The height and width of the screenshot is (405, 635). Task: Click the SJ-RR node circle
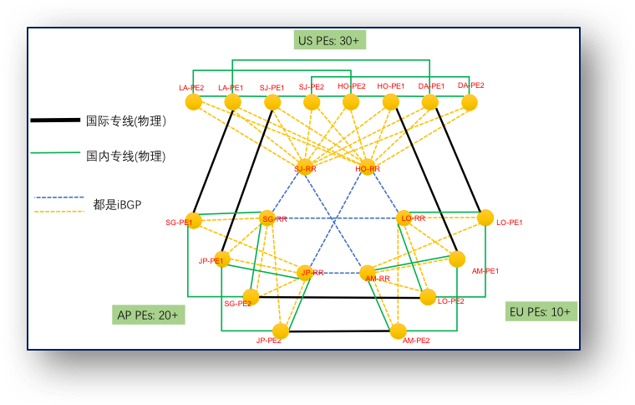tap(305, 166)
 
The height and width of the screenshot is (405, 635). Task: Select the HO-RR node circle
tap(368, 167)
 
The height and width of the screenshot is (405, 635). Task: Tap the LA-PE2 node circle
tap(193, 102)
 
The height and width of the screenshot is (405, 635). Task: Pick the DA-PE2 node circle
tap(470, 102)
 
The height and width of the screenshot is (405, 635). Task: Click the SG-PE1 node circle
tap(194, 221)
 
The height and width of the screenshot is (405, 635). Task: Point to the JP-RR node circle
tap(306, 272)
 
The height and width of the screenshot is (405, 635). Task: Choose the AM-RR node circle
tap(368, 273)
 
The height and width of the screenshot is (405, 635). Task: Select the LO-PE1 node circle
tap(485, 218)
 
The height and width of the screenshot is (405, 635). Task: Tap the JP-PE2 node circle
tap(281, 331)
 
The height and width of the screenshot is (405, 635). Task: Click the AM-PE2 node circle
tap(398, 331)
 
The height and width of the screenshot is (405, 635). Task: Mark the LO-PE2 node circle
tap(428, 296)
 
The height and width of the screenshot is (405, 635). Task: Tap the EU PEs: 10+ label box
tap(540, 311)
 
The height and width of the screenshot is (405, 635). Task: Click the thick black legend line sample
tap(56, 121)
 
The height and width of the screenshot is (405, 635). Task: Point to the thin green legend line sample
tap(56, 154)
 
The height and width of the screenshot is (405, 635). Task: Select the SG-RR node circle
tap(267, 218)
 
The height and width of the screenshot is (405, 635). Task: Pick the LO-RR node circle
tap(405, 218)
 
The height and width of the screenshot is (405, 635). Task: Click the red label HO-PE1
tap(391, 86)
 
